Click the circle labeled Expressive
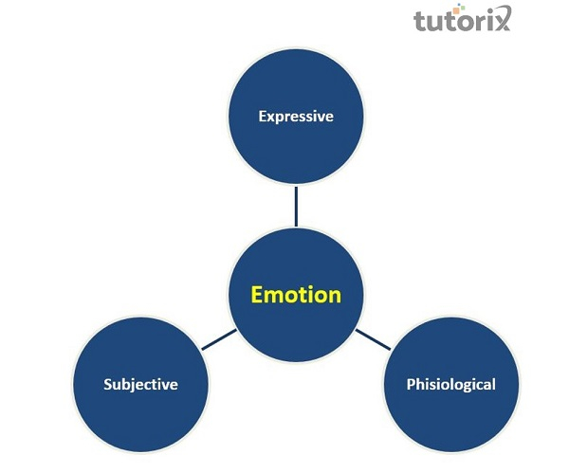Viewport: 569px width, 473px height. pyautogui.click(x=296, y=117)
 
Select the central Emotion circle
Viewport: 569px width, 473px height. pyautogui.click(x=296, y=295)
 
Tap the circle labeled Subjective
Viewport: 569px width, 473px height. pyautogui.click(x=140, y=384)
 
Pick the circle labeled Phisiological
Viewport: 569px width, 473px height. pyautogui.click(x=450, y=384)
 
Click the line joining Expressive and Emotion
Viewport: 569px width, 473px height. pyautogui.click(x=296, y=206)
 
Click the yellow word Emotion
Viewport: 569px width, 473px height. pyautogui.click(x=296, y=295)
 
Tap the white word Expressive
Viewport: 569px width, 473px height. pyautogui.click(x=296, y=117)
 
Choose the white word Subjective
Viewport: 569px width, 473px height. pyautogui.click(x=140, y=384)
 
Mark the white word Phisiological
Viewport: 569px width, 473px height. pyautogui.click(x=450, y=384)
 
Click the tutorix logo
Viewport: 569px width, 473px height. pyautogui.click(x=462, y=19)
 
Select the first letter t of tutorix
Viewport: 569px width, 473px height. pyautogui.click(x=419, y=20)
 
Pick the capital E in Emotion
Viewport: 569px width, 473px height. pyautogui.click(x=257, y=295)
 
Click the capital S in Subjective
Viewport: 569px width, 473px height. pyautogui.click(x=107, y=384)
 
